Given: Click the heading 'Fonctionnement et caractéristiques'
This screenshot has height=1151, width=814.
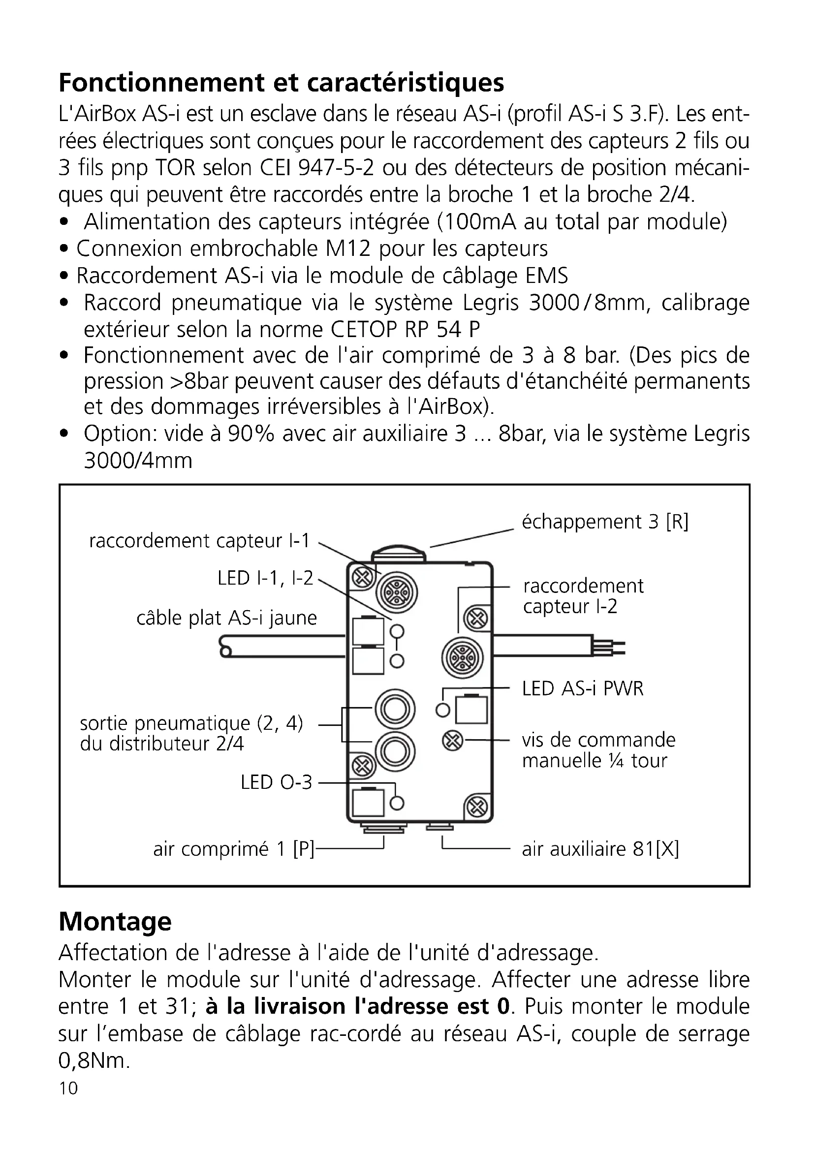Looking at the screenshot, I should click(x=281, y=83).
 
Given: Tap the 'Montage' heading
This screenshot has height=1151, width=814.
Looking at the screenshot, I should click(x=115, y=921).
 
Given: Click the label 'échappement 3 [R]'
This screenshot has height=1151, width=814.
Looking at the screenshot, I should click(x=605, y=522).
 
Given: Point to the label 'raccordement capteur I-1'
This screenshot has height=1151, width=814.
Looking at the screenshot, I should click(x=199, y=541).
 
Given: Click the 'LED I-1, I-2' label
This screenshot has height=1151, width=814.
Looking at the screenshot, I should click(x=265, y=578).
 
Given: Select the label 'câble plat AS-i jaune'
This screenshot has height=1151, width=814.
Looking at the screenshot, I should click(x=226, y=618).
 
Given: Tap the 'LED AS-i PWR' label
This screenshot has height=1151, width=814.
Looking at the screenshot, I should click(x=582, y=688).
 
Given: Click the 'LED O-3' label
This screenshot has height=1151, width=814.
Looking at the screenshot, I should click(x=276, y=782).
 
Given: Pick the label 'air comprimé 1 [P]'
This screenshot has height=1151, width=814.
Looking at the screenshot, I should click(x=234, y=849).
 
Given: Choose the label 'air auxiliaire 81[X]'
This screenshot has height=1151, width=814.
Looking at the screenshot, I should click(x=600, y=849).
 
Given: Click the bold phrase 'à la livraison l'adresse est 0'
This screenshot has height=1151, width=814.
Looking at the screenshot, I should click(x=357, y=1006).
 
